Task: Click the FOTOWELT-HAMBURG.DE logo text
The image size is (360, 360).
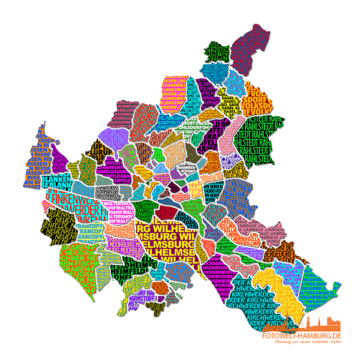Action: click(x=306, y=335)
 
